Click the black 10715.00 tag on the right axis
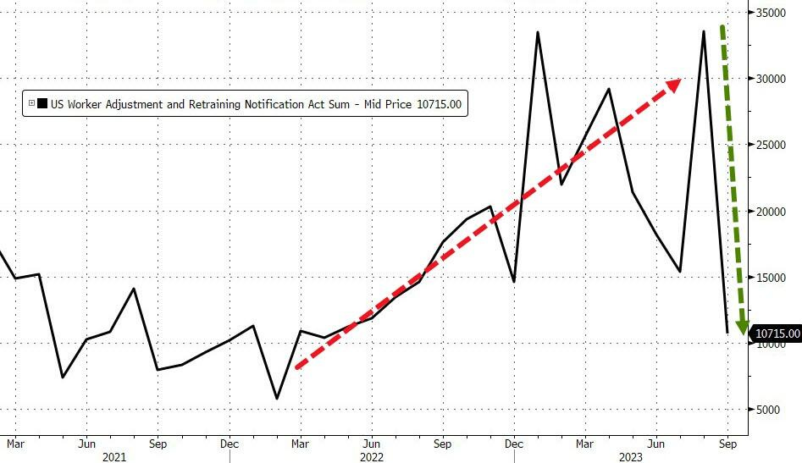click(777, 334)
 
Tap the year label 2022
click(372, 457)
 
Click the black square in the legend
click(42, 104)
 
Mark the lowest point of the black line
click(277, 398)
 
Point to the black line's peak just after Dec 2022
click(538, 33)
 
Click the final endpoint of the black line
click(727, 333)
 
